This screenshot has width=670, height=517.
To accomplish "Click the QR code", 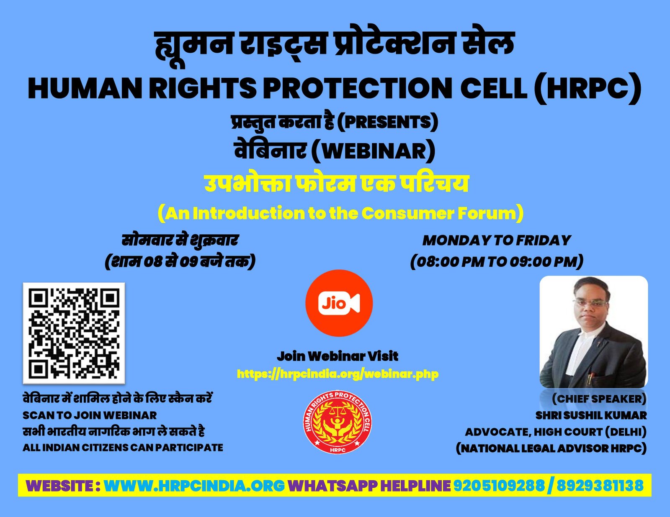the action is (x=74, y=333).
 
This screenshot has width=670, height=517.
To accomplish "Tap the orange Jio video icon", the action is (x=339, y=303).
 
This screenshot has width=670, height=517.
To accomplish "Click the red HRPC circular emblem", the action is (x=338, y=422).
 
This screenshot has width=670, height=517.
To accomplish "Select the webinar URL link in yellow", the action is (x=338, y=374).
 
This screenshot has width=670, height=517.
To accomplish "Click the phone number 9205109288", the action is (x=499, y=486).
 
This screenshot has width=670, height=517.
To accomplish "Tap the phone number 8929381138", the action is (x=600, y=486).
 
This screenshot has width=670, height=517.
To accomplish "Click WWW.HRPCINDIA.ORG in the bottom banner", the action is (x=194, y=486).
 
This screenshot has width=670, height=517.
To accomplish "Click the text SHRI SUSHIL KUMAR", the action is (x=591, y=415).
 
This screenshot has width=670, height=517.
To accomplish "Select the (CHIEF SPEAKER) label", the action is (x=599, y=399).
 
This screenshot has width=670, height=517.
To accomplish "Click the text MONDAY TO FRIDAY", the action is (x=497, y=241).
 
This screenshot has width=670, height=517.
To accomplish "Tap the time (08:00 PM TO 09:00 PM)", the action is (x=497, y=261).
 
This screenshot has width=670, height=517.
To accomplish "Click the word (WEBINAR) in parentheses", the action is (x=374, y=151).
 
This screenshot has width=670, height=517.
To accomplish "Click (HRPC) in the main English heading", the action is (x=588, y=88).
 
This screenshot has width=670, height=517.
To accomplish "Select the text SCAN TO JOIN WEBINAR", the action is (x=90, y=415).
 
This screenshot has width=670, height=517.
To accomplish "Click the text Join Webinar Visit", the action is (x=338, y=356).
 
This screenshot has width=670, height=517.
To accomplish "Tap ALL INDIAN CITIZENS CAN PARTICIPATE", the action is (x=123, y=448).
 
